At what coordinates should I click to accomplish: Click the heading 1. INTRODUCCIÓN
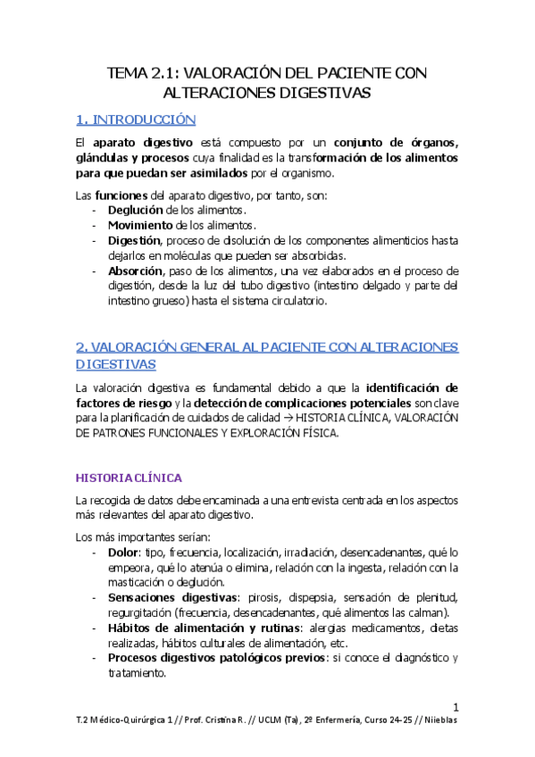pyautogui.click(x=136, y=119)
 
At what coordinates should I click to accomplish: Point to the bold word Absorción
pyautogui.click(x=136, y=270)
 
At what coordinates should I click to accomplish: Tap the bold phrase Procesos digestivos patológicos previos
pyautogui.click(x=214, y=658)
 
